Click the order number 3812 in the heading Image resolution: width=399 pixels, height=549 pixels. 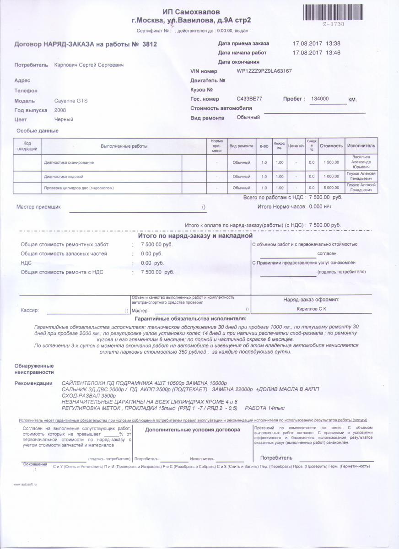(x=150, y=44)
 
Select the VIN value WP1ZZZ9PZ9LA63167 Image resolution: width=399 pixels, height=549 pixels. (x=264, y=71)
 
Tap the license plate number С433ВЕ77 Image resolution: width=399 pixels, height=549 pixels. (x=249, y=99)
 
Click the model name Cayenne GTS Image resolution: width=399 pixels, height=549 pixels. (x=70, y=101)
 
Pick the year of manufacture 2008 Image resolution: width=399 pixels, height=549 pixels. (x=60, y=110)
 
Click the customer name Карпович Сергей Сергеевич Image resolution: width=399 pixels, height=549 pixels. (x=89, y=65)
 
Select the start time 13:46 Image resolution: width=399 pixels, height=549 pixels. (x=333, y=53)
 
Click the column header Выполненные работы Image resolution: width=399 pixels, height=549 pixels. (x=124, y=146)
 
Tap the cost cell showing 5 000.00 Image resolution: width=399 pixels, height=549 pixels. (x=331, y=188)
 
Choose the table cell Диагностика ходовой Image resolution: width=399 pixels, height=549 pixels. (x=64, y=177)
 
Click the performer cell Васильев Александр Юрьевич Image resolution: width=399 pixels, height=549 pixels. (x=361, y=162)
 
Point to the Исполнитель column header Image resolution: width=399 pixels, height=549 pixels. (x=361, y=146)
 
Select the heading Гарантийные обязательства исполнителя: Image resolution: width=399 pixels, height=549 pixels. (x=190, y=318)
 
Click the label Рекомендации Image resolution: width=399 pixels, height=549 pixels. (x=33, y=383)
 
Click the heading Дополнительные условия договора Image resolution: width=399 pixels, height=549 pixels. (x=192, y=430)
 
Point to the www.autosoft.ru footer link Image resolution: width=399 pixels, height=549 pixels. (x=25, y=484)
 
